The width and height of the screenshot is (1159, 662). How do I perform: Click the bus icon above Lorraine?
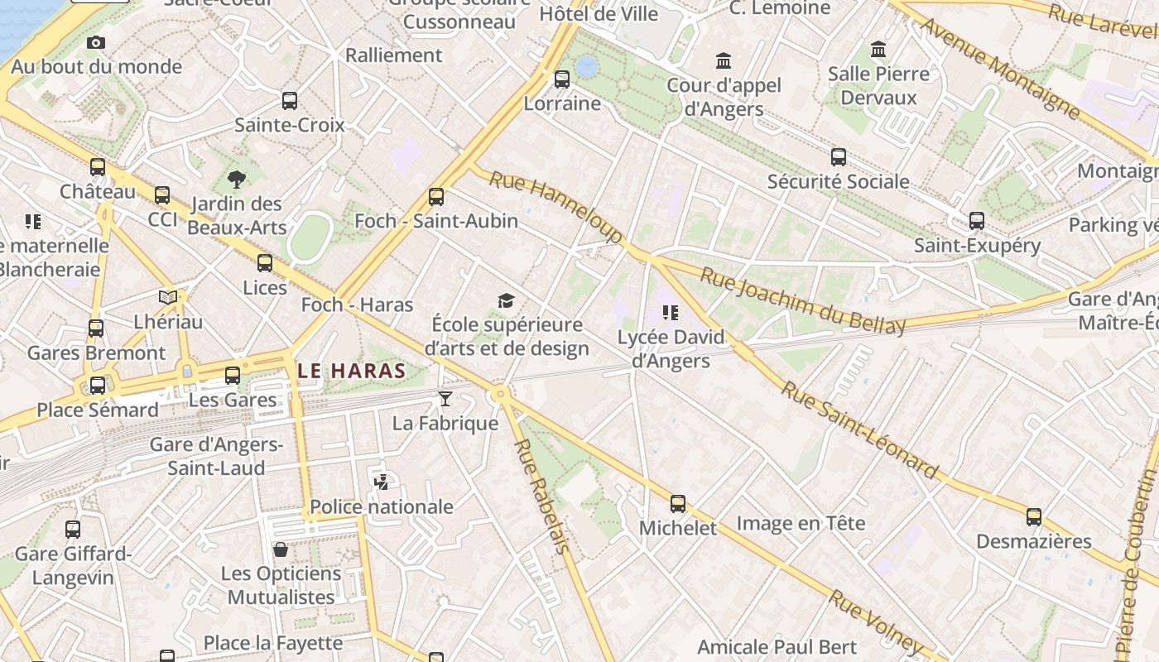pyautogui.click(x=562, y=79)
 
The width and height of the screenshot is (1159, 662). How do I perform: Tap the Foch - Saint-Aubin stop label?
pyautogui.click(x=436, y=221)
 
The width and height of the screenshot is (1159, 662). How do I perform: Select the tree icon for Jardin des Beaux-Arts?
pyautogui.click(x=237, y=180)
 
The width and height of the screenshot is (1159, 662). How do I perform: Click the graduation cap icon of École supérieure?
pyautogui.click(x=506, y=300)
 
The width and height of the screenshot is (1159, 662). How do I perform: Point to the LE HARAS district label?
pyautogui.click(x=352, y=371)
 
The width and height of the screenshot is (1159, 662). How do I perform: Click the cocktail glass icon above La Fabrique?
pyautogui.click(x=445, y=400)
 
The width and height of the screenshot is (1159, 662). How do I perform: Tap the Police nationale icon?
pyautogui.click(x=382, y=482)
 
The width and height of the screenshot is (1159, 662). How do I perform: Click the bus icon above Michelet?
pyautogui.click(x=678, y=503)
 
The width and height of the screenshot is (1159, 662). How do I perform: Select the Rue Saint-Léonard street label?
pyautogui.click(x=860, y=430)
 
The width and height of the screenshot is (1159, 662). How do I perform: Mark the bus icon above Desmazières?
pyautogui.click(x=1033, y=517)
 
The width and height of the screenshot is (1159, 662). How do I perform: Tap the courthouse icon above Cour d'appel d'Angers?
pyautogui.click(x=724, y=60)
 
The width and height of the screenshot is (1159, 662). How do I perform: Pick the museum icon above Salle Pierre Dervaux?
pyautogui.click(x=878, y=50)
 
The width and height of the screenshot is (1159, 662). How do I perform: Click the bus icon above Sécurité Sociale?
pyautogui.click(x=839, y=157)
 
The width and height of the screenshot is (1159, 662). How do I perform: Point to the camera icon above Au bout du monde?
pyautogui.click(x=96, y=42)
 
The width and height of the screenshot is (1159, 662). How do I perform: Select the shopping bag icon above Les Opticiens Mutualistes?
pyautogui.click(x=281, y=549)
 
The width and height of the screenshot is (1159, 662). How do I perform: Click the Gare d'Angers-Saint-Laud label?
pyautogui.click(x=216, y=456)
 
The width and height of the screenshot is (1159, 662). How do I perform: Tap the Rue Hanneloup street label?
pyautogui.click(x=555, y=207)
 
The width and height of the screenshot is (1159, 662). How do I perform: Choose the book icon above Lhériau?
pyautogui.click(x=168, y=297)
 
